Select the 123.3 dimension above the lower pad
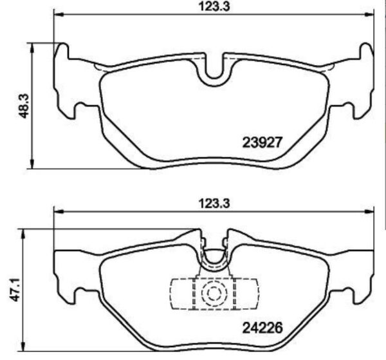tap(213, 202)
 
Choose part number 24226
tap(263, 326)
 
